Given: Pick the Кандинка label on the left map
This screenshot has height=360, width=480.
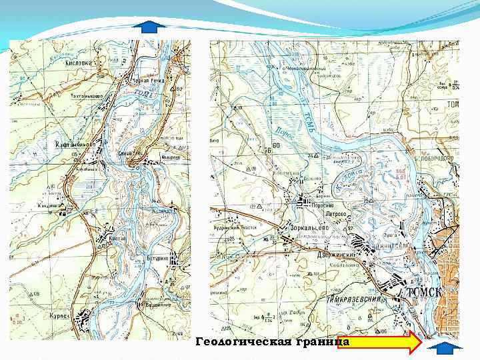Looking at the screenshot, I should coord(51,205).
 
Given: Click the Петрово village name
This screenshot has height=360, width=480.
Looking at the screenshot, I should coord(337,215).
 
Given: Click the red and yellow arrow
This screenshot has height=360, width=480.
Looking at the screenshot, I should coord(387,343).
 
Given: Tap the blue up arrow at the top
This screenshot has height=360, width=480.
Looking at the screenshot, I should coord(153,27).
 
